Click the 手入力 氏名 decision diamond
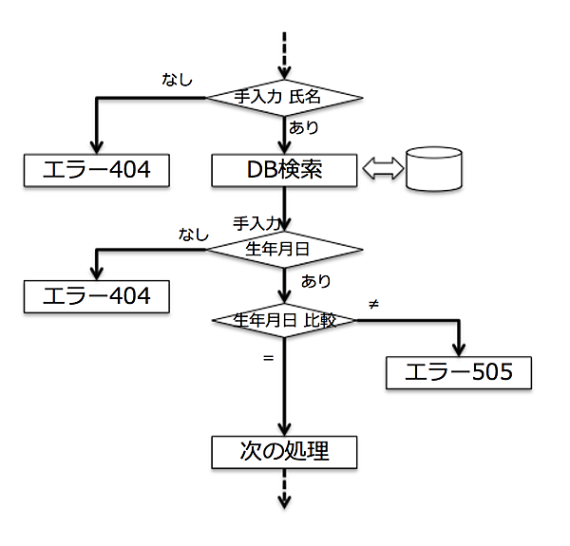click(285, 96)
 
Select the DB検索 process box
click(285, 170)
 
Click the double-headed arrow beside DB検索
click(382, 170)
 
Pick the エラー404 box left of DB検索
click(97, 170)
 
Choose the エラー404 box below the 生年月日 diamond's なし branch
click(97, 295)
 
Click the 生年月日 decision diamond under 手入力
click(285, 250)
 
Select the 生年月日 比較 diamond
click(285, 321)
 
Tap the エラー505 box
click(459, 371)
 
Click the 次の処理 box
click(285, 451)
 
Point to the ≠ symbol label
click(373, 303)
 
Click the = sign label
click(268, 358)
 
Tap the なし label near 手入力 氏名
click(177, 80)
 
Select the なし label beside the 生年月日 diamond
click(194, 233)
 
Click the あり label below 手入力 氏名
click(304, 127)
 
